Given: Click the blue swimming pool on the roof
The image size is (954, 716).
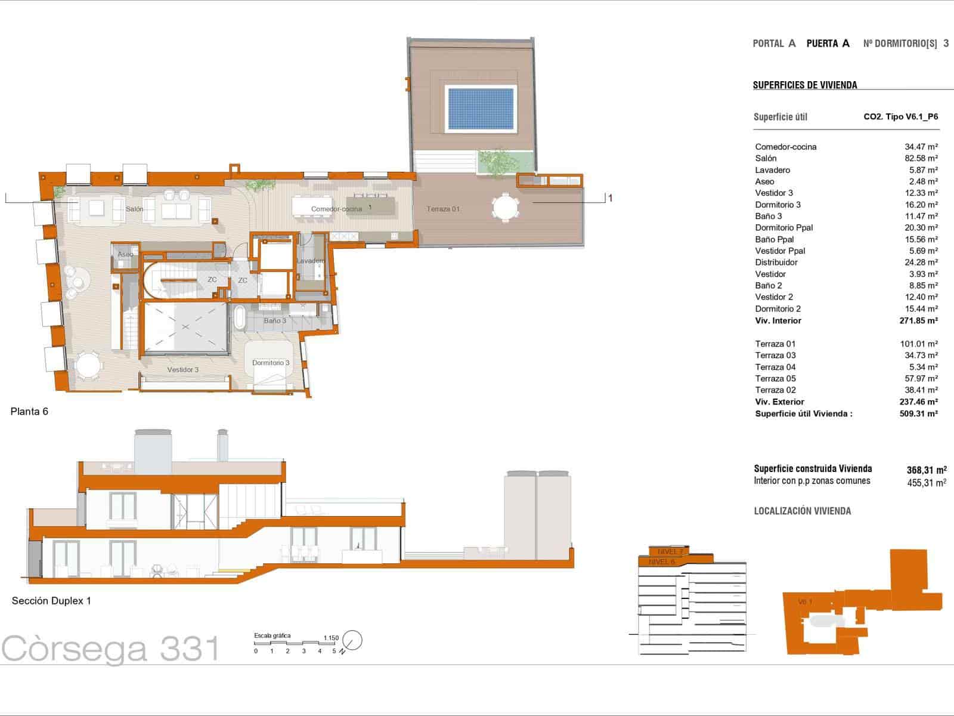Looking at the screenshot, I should (x=481, y=109).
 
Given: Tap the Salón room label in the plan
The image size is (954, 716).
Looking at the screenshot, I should (x=134, y=209).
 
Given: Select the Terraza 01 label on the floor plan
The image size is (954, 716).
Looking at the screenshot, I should (x=443, y=209).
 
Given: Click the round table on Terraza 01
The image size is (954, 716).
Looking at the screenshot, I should (x=506, y=207).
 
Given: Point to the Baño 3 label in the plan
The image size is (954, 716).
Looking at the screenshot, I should (x=275, y=321).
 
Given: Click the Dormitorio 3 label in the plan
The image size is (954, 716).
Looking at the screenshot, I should (x=271, y=363).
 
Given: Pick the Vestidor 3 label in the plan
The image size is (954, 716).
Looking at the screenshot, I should (x=182, y=370).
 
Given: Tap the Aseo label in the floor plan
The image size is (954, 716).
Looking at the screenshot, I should (x=125, y=254).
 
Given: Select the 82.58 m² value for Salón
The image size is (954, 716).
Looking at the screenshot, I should (x=921, y=158).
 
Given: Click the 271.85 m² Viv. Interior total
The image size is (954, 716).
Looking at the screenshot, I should (x=918, y=320).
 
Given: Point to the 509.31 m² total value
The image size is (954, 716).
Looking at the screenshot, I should (x=918, y=413).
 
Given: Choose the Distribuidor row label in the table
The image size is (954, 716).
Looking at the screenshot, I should (x=776, y=263).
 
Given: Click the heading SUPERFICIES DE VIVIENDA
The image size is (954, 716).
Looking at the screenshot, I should (x=805, y=85).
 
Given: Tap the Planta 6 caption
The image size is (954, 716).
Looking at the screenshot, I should (x=29, y=412).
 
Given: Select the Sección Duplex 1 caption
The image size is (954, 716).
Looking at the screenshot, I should (x=51, y=601).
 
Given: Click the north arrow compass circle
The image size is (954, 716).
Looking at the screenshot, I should (x=353, y=640).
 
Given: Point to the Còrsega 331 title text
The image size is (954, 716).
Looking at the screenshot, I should (x=111, y=649).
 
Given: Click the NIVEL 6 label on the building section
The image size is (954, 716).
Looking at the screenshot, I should (x=661, y=562).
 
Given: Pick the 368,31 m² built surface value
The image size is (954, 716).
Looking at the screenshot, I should (x=926, y=470).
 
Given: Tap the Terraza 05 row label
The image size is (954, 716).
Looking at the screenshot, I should (x=775, y=379).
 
